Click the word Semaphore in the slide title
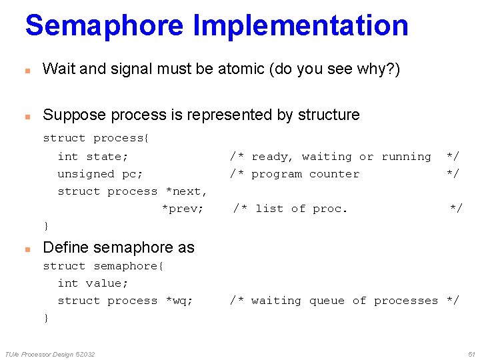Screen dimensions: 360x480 [x=104, y=25]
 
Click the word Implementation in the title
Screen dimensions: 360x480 [x=300, y=25]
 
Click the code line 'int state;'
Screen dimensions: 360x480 [x=93, y=157]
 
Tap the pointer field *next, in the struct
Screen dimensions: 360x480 [x=186, y=191]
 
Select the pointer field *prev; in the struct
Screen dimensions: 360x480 [x=183, y=209]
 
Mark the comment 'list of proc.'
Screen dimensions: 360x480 [x=301, y=209]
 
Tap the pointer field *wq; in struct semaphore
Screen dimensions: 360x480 [x=179, y=301]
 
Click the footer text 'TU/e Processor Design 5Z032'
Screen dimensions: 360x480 [x=50, y=353]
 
